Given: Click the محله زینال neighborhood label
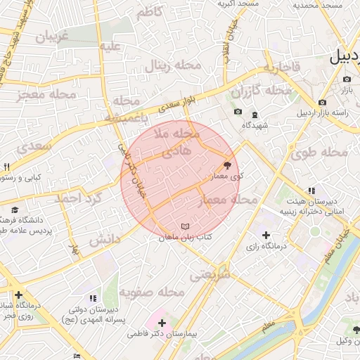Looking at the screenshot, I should pyautogui.click(x=173, y=66).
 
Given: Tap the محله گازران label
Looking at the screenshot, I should pyautogui.click(x=261, y=91).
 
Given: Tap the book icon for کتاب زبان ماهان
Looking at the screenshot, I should pyautogui.click(x=185, y=226).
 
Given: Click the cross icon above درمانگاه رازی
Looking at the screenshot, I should pyautogui.click(x=265, y=235).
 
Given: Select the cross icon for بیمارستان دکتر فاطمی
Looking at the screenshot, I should pyautogui.click(x=162, y=322).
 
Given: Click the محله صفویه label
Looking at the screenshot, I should pyautogui.click(x=151, y=291).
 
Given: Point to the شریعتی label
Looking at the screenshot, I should pyautogui.click(x=210, y=276).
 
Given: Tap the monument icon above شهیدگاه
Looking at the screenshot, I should pyautogui.click(x=255, y=115).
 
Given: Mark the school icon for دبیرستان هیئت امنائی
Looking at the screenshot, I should pyautogui.click(x=311, y=191).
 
